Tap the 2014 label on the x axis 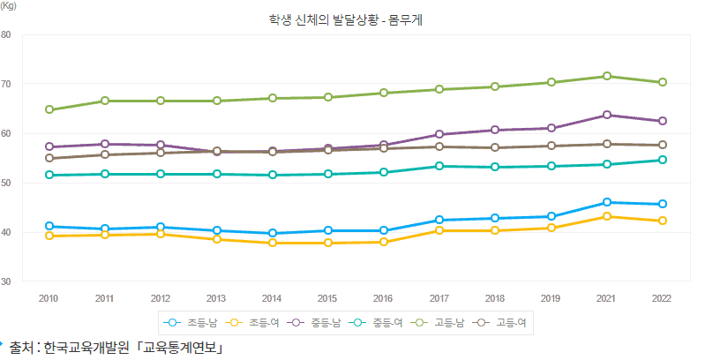273,298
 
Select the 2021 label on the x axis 607,298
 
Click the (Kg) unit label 8,5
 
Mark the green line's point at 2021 607,76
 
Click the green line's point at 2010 49,109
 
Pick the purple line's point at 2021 607,115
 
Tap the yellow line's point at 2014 273,243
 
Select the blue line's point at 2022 663,204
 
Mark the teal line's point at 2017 439,166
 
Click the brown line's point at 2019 551,146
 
